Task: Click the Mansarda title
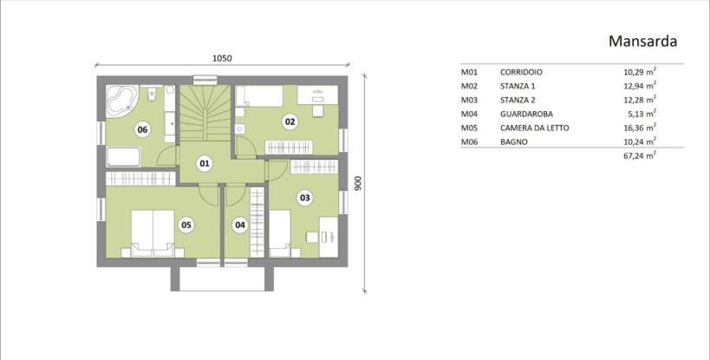click(642, 42)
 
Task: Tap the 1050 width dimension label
click(222, 58)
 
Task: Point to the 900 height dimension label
click(358, 183)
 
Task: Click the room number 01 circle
click(205, 163)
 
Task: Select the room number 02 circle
click(290, 121)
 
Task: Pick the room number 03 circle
click(305, 198)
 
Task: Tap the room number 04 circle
click(240, 225)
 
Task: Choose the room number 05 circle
click(186, 225)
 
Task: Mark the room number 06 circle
click(143, 130)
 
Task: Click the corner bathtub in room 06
click(121, 100)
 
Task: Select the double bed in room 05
click(153, 233)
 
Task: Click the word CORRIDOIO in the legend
click(521, 72)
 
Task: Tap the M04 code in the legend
click(469, 115)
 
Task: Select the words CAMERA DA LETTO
click(534, 128)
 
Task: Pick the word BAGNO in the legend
click(514, 142)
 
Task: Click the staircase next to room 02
click(206, 114)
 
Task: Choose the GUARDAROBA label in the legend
click(526, 115)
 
